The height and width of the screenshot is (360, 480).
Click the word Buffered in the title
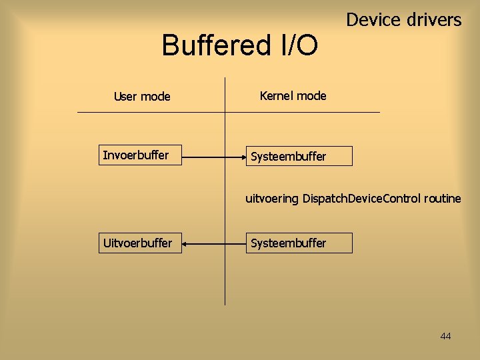click(213, 46)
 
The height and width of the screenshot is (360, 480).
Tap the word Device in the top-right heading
click(372, 20)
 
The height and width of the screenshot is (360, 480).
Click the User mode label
click(142, 97)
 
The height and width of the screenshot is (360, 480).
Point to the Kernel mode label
click(293, 96)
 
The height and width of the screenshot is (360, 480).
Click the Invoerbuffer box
click(140, 156)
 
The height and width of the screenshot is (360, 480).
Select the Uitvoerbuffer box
click(140, 243)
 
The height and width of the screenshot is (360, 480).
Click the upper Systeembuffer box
click(299, 157)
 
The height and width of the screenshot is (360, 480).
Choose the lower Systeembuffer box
click(299, 243)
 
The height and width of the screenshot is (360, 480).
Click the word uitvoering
click(272, 199)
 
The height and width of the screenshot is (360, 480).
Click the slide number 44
click(445, 336)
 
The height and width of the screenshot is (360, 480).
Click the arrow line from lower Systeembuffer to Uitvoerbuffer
click(213, 245)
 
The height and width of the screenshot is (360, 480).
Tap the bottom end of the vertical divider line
click(225, 304)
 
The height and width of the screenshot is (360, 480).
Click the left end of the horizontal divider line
click(79, 112)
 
